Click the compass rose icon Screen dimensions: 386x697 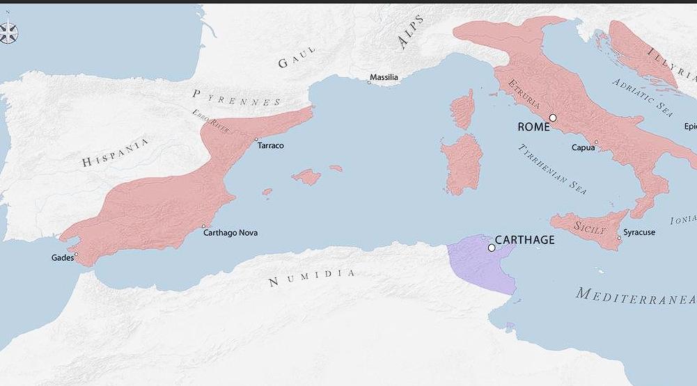click(x=8, y=33)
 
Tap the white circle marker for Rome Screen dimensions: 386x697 click(x=553, y=118)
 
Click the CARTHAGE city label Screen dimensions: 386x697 click(x=525, y=240)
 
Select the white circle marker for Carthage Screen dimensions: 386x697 click(x=492, y=248)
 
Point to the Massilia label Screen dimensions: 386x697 click(x=384, y=77)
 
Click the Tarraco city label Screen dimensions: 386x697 click(x=270, y=145)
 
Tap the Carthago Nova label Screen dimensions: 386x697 click(x=230, y=232)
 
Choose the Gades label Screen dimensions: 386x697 click(x=63, y=257)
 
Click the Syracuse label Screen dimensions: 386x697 click(x=639, y=232)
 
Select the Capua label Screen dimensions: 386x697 click(x=583, y=147)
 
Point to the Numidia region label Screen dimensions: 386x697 click(x=312, y=278)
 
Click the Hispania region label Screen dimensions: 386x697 click(x=116, y=153)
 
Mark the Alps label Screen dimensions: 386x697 click(x=411, y=32)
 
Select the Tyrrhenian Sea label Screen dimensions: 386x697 click(x=552, y=168)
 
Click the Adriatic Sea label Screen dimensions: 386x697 click(x=643, y=97)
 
